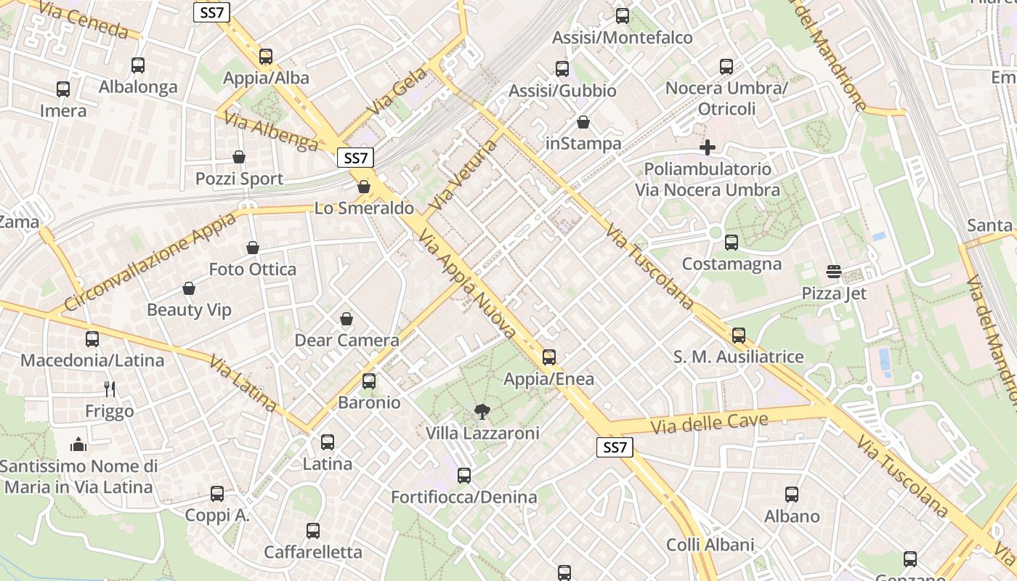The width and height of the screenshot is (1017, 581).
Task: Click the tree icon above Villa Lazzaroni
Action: (x=481, y=413)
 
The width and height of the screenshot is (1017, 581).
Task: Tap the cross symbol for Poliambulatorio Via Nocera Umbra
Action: (x=708, y=147)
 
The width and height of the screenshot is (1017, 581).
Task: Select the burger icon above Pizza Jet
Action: (x=833, y=272)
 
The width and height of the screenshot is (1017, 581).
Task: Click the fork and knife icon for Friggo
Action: (x=110, y=389)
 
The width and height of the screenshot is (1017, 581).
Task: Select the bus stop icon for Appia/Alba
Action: (x=266, y=57)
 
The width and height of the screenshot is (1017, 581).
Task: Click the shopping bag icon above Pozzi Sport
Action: (x=239, y=157)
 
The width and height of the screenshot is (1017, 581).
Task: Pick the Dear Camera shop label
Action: (x=347, y=340)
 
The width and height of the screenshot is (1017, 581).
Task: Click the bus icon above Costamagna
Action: (x=732, y=243)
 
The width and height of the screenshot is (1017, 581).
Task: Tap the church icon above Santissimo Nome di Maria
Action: (x=78, y=444)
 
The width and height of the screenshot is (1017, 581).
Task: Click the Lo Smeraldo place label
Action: (x=364, y=208)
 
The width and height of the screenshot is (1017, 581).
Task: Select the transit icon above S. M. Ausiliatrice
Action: (x=739, y=335)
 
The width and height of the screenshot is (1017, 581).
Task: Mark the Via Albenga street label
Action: (x=271, y=131)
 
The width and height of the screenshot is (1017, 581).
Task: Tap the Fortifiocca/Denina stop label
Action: (x=464, y=497)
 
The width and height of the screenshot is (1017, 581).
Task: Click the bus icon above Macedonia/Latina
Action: (x=92, y=339)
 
